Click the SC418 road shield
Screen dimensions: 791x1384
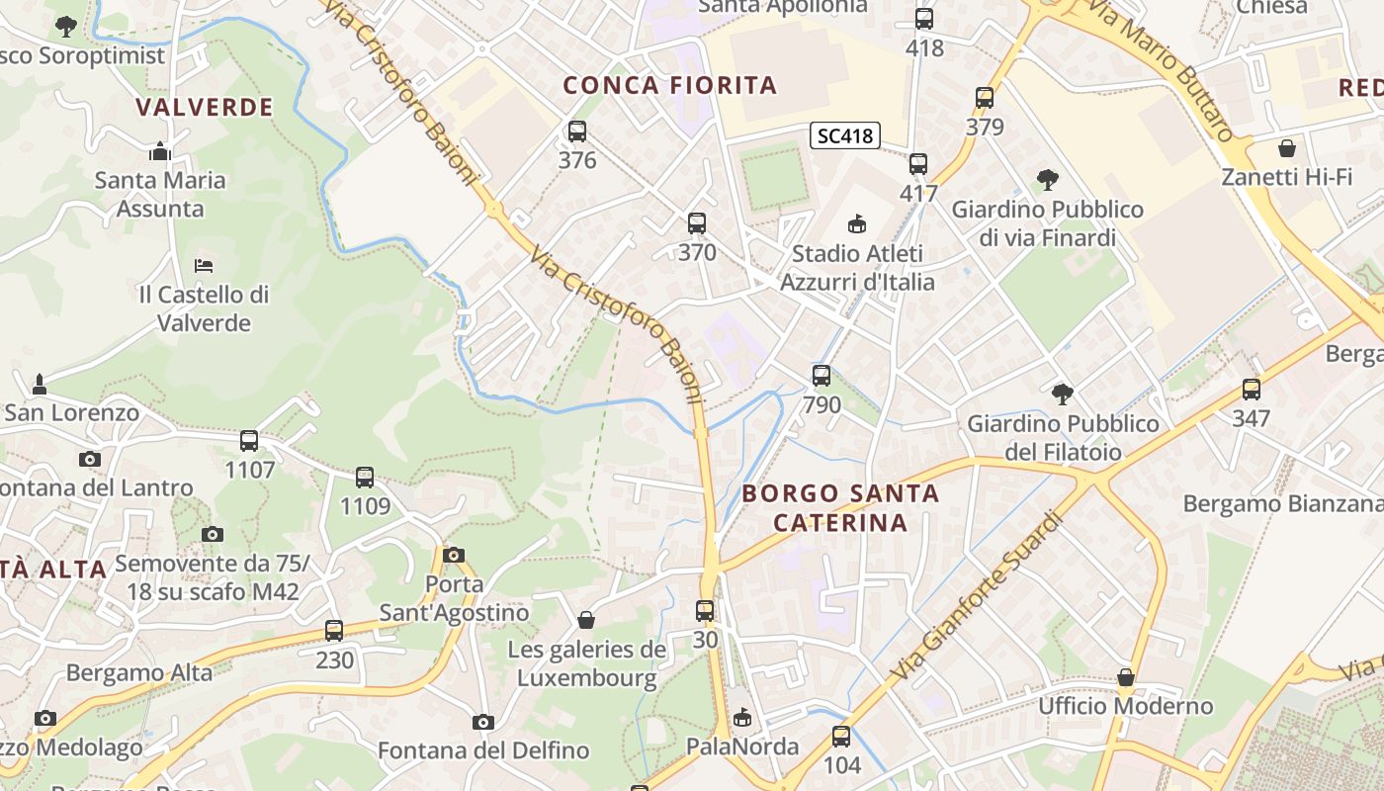point(845,135)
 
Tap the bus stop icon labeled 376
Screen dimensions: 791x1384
point(577,131)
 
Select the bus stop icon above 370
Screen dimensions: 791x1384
point(697,223)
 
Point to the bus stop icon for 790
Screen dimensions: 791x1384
point(822,376)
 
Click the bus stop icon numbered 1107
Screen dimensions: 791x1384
point(249,440)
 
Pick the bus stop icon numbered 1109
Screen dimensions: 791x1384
point(365,478)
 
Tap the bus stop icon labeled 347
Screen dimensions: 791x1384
point(1252,389)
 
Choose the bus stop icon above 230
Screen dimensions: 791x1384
point(334,630)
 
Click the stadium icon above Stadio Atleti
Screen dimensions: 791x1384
point(857,224)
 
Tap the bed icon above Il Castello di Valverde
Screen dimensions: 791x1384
point(204,265)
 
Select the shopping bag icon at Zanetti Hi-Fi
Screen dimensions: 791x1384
point(1287,148)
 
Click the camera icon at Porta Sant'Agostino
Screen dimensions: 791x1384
point(454,555)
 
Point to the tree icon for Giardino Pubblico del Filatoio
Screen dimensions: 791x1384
point(1063,395)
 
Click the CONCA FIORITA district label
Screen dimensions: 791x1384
point(670,86)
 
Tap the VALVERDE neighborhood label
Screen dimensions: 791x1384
point(205,108)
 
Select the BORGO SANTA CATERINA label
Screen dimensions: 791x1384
point(839,507)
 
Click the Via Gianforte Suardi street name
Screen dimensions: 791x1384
point(975,596)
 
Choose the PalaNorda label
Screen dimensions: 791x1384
point(742,747)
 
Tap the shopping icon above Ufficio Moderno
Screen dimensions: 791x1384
point(1125,677)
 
